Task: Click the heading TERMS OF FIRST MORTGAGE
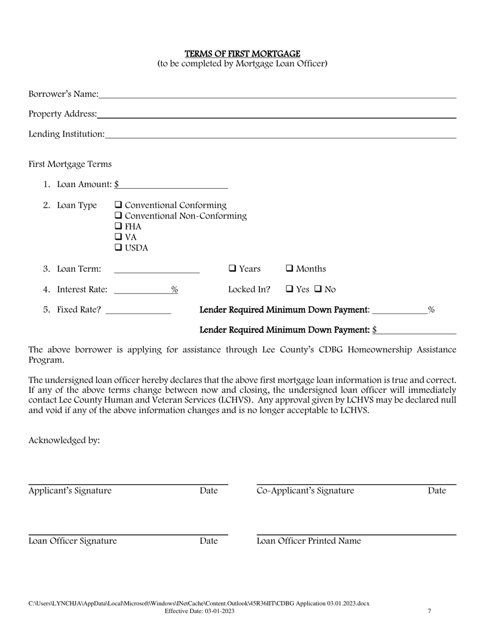pyautogui.click(x=242, y=54)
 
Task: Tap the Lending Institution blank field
pyautogui.click(x=280, y=134)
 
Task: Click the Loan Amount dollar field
pyautogui.click(x=174, y=184)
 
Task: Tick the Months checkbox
pyautogui.click(x=289, y=269)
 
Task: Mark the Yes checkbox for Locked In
pyautogui.click(x=289, y=289)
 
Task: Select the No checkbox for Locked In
pyautogui.click(x=318, y=289)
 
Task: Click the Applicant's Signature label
pyautogui.click(x=70, y=491)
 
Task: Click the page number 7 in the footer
pyautogui.click(x=429, y=611)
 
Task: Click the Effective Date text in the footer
pyautogui.click(x=200, y=611)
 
